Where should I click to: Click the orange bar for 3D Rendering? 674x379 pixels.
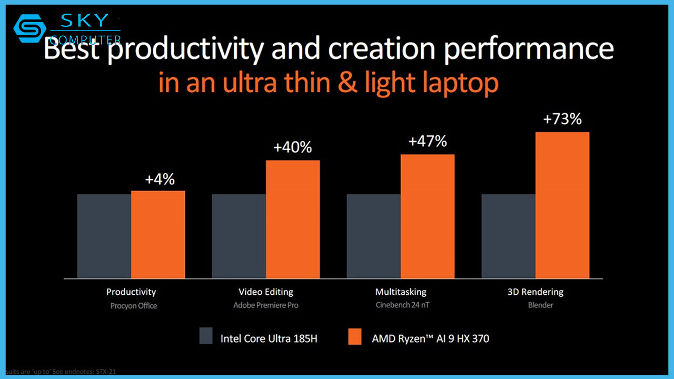coord(562,205)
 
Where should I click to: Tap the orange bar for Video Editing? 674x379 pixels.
coord(293,219)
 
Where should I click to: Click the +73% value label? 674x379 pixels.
coord(562,119)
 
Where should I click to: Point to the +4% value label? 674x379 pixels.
coord(160,179)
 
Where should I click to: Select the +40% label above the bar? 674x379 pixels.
coord(293,148)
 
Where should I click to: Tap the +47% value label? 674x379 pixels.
coord(428,142)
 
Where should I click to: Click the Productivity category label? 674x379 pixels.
coord(131,292)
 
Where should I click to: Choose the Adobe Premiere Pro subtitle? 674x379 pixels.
coord(266,305)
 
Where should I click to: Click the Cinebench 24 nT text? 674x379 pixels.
coord(401,305)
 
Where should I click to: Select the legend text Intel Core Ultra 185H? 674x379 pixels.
coord(269,338)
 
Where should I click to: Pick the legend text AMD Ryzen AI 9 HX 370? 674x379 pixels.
coord(430,338)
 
